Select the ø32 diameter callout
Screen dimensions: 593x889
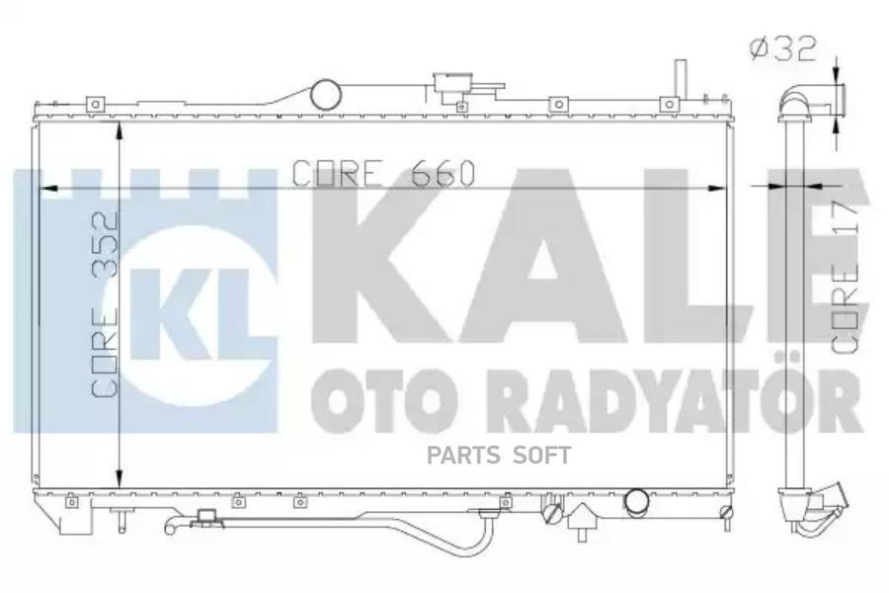tap(782, 47)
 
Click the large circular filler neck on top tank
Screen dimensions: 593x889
tap(326, 95)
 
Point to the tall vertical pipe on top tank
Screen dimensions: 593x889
tap(680, 79)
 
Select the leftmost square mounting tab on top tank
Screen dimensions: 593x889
tap(96, 103)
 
